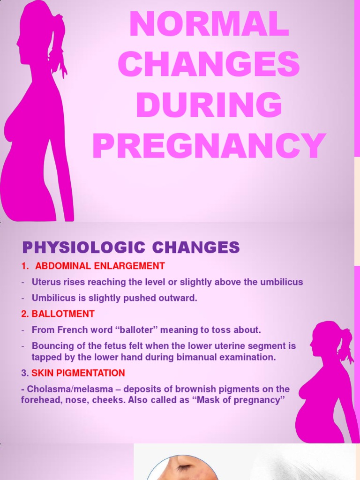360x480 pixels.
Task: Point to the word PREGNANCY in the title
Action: tap(209, 146)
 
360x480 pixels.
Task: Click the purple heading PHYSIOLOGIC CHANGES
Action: tap(131, 247)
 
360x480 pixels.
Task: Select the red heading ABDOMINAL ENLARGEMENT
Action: tap(100, 266)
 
